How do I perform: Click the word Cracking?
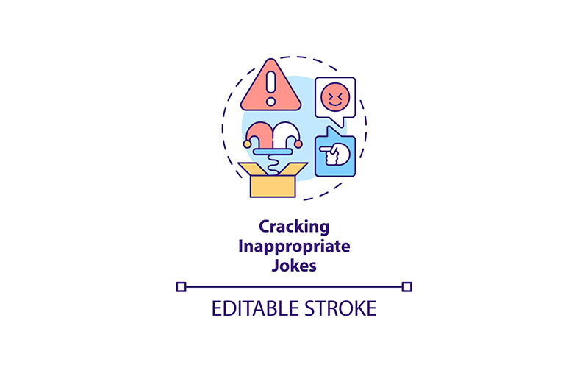[x=294, y=227]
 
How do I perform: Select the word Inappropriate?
[x=294, y=247]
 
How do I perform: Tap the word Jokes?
[x=294, y=266]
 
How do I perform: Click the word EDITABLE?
[x=254, y=308]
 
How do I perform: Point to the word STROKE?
[x=340, y=308]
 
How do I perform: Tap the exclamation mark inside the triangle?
[x=270, y=88]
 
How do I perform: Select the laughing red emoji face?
[x=335, y=97]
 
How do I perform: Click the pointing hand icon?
[x=334, y=154]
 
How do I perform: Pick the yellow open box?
[x=273, y=180]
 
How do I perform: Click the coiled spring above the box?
[x=273, y=165]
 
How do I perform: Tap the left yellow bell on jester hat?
[x=247, y=144]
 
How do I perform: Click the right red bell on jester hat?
[x=298, y=144]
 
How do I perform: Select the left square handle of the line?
[x=181, y=287]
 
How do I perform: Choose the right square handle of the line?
[x=406, y=287]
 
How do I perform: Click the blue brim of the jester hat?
[x=273, y=152]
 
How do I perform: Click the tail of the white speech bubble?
[x=337, y=121]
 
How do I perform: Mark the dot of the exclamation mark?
[x=270, y=102]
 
